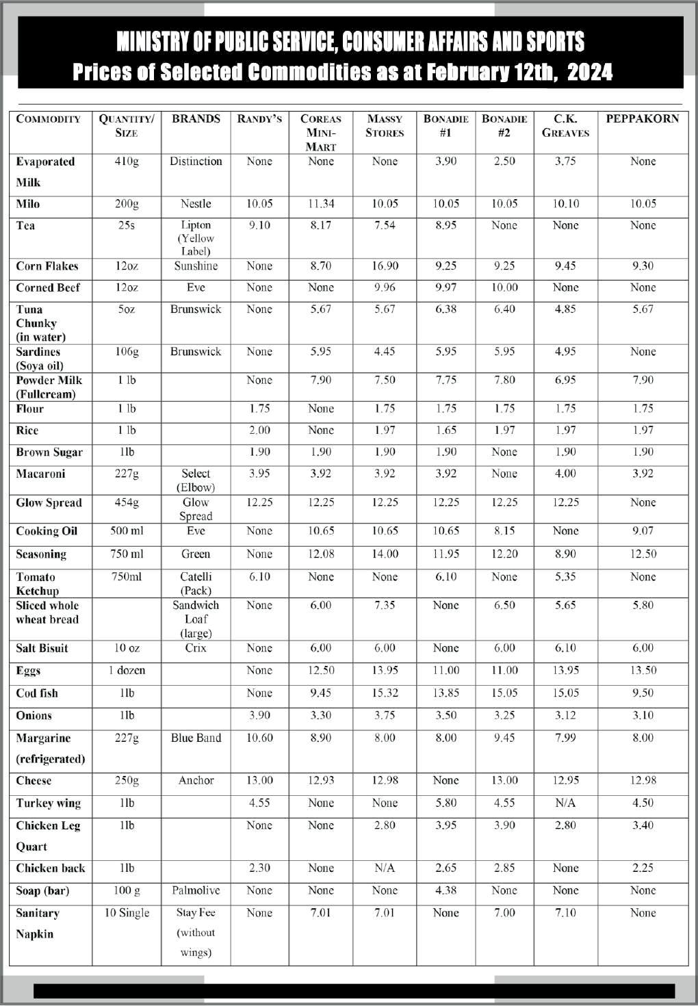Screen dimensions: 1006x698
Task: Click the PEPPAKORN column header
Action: click(642, 118)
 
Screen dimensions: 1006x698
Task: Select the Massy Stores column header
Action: click(385, 125)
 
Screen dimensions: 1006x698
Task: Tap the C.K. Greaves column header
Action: click(565, 125)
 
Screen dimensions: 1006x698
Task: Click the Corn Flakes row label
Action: click(47, 266)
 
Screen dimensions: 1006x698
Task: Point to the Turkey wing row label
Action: click(48, 803)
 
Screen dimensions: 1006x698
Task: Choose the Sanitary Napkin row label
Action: click(38, 923)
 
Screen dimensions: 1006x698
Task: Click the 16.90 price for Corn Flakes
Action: click(385, 266)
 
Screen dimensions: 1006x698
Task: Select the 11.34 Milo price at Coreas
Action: click(320, 204)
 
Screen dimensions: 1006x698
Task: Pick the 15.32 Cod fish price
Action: click(385, 693)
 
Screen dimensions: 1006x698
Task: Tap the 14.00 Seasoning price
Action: click(385, 554)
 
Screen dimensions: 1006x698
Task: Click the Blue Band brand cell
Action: click(196, 738)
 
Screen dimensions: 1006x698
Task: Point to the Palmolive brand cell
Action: click(196, 890)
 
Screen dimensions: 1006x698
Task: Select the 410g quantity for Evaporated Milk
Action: click(127, 162)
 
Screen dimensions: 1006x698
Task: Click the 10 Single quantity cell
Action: click(127, 913)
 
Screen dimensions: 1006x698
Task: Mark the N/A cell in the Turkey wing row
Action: click(565, 803)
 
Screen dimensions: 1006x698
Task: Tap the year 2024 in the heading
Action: click(590, 73)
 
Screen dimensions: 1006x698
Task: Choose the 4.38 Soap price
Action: click(445, 890)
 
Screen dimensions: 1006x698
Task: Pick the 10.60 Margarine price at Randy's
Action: click(259, 738)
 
